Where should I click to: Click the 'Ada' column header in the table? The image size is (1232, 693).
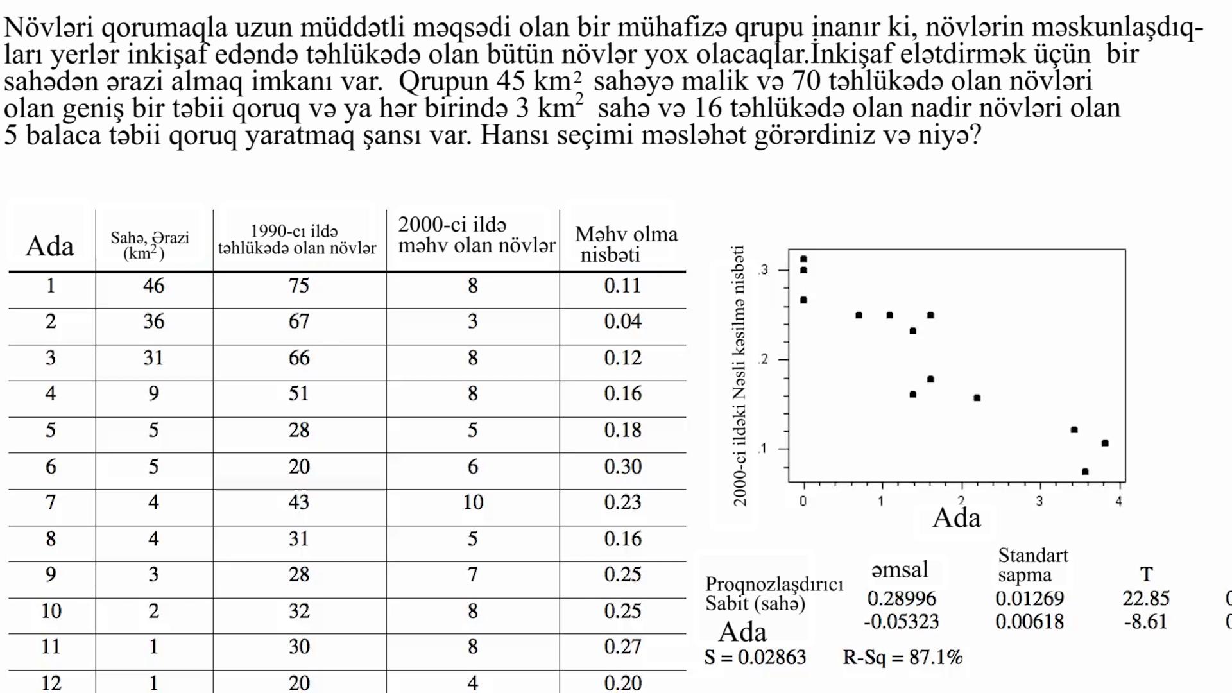pyautogui.click(x=49, y=246)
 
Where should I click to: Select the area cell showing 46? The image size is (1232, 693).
pyautogui.click(x=153, y=286)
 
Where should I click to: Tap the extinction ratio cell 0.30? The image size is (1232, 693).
pyautogui.click(x=622, y=466)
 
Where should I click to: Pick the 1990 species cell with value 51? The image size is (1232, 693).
pyautogui.click(x=298, y=393)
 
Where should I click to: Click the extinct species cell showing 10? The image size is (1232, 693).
pyautogui.click(x=473, y=502)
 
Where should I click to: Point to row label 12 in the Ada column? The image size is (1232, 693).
pyautogui.click(x=51, y=683)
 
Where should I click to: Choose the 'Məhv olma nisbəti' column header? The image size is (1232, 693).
pyautogui.click(x=626, y=244)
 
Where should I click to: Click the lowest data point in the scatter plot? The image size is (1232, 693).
pyautogui.click(x=1085, y=472)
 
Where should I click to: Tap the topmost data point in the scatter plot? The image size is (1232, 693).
pyautogui.click(x=803, y=259)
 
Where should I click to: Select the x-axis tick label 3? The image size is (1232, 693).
pyautogui.click(x=1039, y=501)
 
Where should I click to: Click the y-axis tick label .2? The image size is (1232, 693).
pyautogui.click(x=762, y=359)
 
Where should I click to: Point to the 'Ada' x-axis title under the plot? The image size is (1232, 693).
pyautogui.click(x=956, y=518)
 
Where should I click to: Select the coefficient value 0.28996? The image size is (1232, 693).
pyautogui.click(x=901, y=599)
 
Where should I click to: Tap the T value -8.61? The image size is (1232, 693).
pyautogui.click(x=1146, y=622)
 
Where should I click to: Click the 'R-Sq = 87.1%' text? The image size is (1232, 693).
pyautogui.click(x=902, y=657)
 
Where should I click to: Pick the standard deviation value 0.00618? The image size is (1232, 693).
pyautogui.click(x=1029, y=622)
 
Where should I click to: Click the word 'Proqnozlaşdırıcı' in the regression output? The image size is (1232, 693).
pyautogui.click(x=774, y=584)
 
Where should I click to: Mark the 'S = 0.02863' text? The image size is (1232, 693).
pyautogui.click(x=755, y=657)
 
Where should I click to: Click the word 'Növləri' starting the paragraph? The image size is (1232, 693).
pyautogui.click(x=49, y=28)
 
